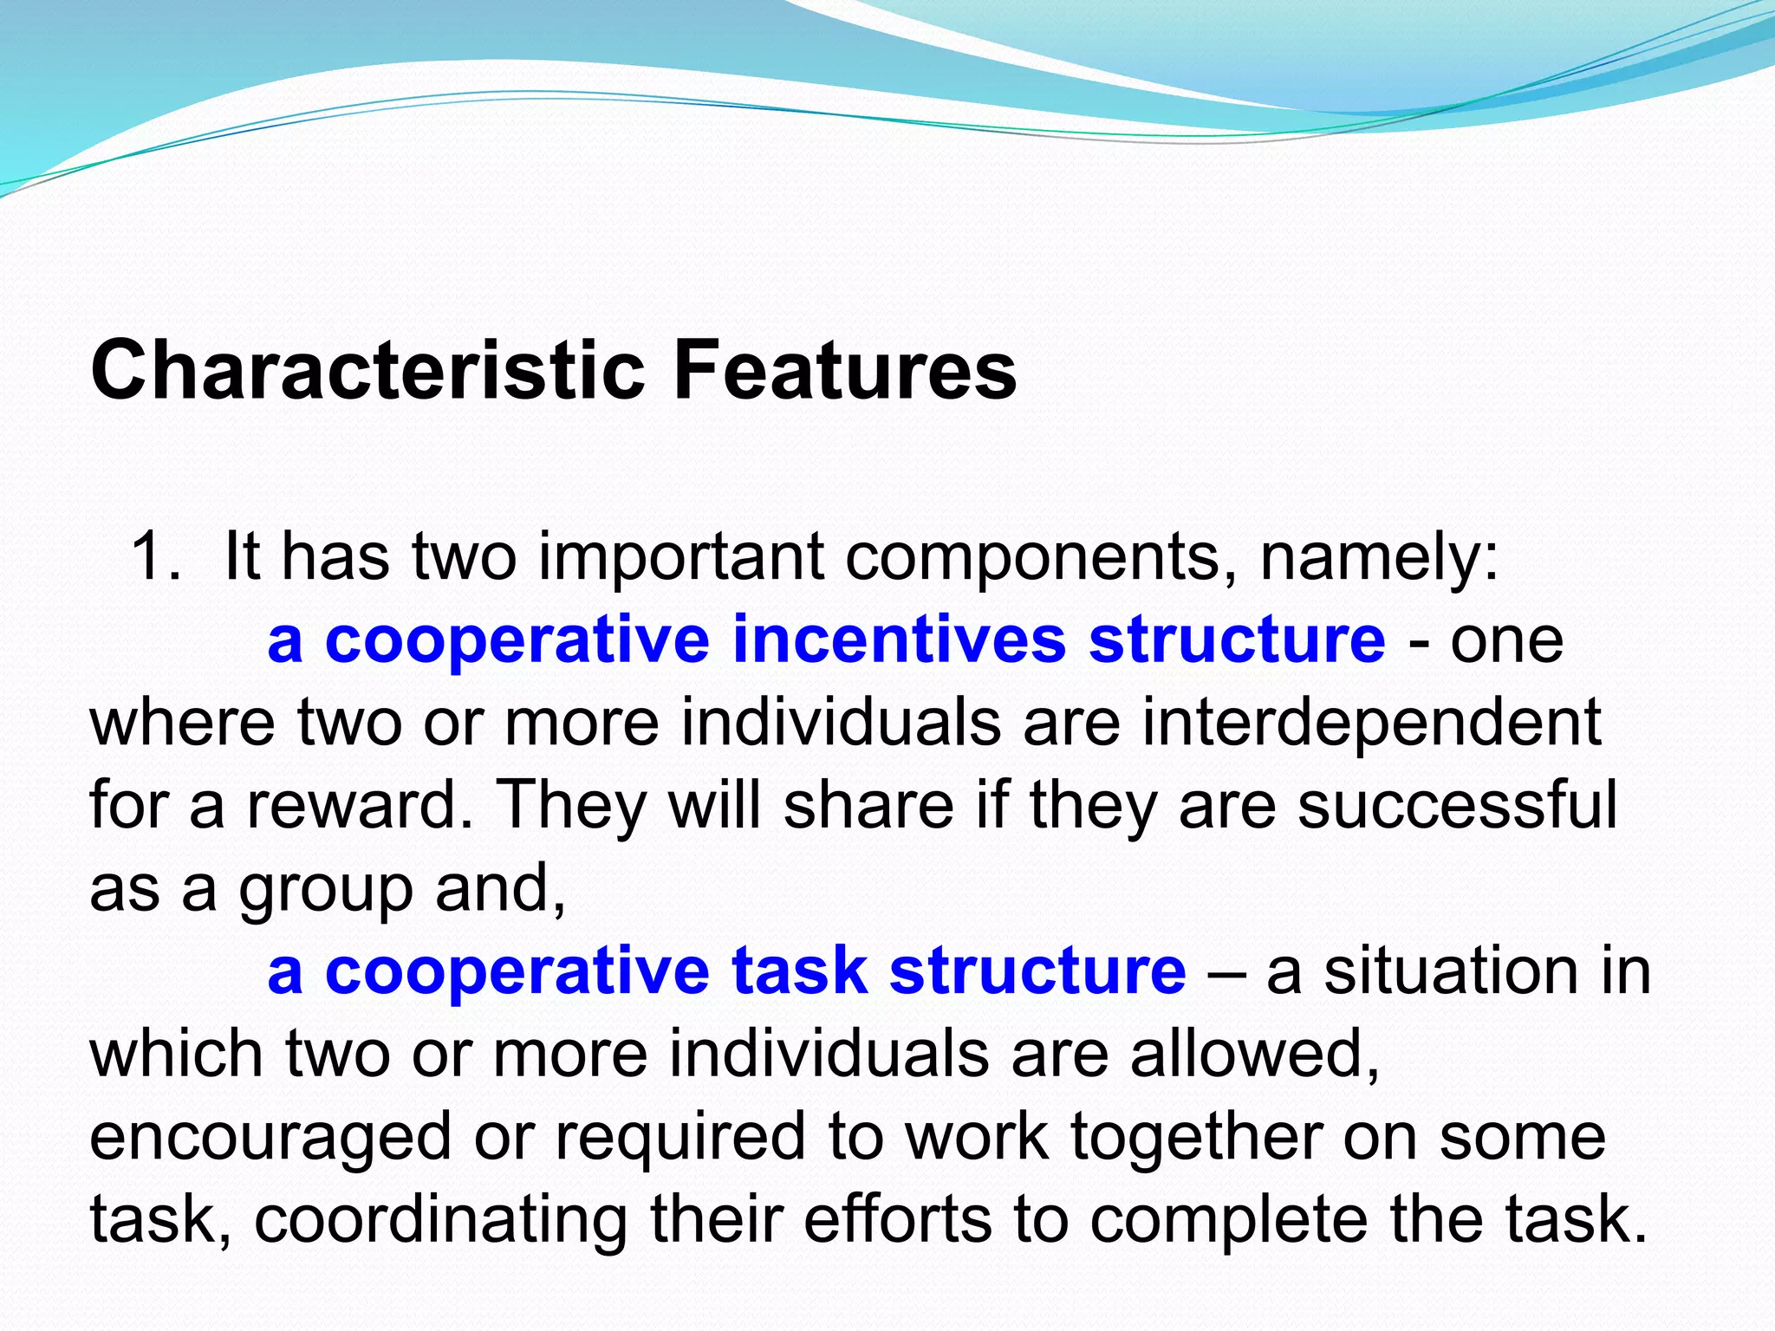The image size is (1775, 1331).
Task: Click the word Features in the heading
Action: (844, 371)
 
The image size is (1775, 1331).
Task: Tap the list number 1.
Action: (153, 556)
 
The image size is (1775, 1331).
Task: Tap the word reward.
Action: (360, 805)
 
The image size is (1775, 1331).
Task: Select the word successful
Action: (1457, 805)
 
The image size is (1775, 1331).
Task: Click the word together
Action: (1196, 1137)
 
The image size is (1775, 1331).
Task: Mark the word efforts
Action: (897, 1218)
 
